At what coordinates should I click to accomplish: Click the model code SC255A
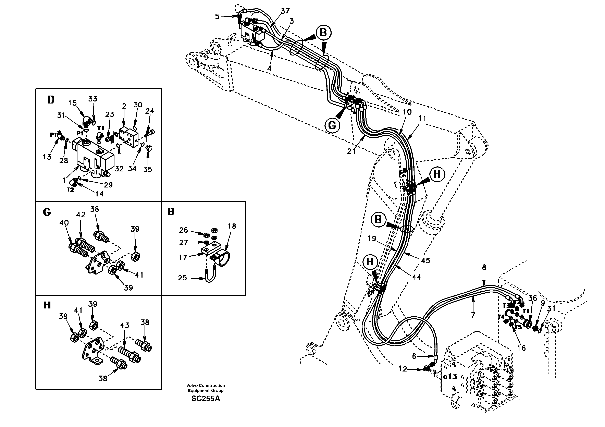click(x=205, y=399)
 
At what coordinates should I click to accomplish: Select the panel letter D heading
click(x=51, y=100)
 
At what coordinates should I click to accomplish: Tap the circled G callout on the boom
click(x=332, y=125)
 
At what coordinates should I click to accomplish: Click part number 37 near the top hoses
click(x=285, y=11)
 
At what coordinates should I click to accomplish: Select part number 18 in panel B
click(x=232, y=226)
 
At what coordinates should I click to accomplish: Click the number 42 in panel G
click(x=81, y=215)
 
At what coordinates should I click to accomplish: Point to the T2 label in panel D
click(x=70, y=190)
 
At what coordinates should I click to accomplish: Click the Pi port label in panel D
click(x=53, y=135)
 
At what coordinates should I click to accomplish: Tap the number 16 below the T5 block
click(x=521, y=348)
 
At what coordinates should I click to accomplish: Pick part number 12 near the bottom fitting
click(x=403, y=369)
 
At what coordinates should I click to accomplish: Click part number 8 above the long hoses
click(x=484, y=267)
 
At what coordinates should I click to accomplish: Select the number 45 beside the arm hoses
click(x=425, y=260)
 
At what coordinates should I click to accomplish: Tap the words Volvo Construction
click(x=205, y=385)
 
